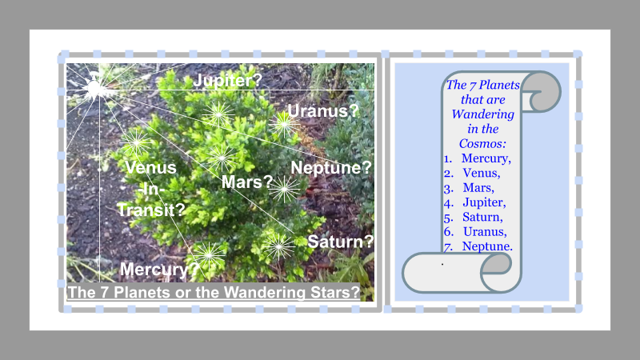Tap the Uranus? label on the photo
323,110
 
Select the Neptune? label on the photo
331,168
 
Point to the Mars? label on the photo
247,182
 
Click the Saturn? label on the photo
341,242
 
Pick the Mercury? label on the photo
159,270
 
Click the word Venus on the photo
150,168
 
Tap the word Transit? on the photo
151,210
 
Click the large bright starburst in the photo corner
94,88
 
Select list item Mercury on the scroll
486,158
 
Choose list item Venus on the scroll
482,173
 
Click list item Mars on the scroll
478,188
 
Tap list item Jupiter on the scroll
484,202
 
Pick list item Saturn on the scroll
482,217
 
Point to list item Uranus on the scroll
485,232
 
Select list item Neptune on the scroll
487,246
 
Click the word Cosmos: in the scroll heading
482,144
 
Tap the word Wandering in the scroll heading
483,114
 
